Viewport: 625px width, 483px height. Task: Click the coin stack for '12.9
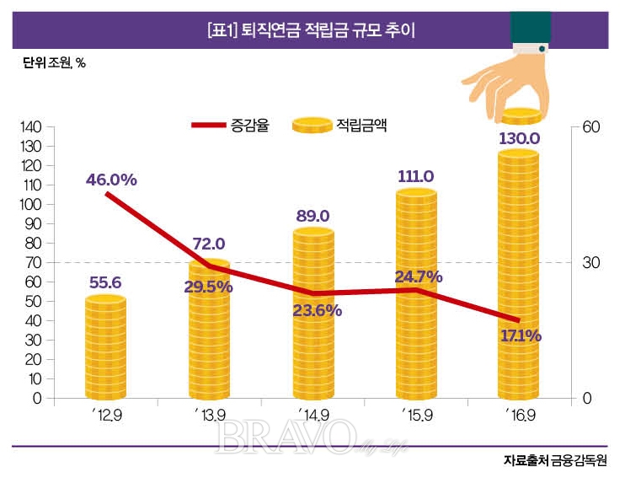click(x=105, y=346)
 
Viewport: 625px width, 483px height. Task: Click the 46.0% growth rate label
click(x=111, y=180)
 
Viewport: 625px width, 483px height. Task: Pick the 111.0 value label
click(x=415, y=176)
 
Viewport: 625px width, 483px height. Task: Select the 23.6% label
click(x=317, y=309)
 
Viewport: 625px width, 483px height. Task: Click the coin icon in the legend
click(x=310, y=126)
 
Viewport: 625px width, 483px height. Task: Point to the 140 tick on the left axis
click(x=31, y=127)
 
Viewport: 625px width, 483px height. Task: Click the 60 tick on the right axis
click(x=590, y=127)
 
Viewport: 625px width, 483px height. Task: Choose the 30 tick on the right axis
click(x=590, y=262)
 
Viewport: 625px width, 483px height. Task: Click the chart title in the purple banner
click(x=312, y=31)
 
